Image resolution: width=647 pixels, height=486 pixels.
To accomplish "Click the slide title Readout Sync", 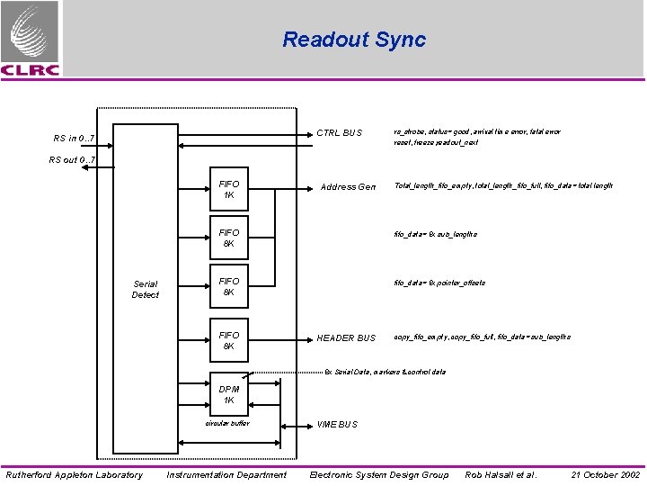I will [354, 40].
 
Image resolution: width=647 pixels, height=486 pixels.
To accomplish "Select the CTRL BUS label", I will [339, 133].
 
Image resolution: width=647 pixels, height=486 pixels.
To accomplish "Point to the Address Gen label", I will [349, 187].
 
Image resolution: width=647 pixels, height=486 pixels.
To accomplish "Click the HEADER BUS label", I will [346, 338].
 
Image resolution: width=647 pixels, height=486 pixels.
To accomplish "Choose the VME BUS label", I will [337, 424].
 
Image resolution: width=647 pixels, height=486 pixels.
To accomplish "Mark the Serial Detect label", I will [145, 290].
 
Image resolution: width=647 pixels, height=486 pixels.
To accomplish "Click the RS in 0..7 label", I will [74, 139].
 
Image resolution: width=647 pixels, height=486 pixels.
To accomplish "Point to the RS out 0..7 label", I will [72, 160].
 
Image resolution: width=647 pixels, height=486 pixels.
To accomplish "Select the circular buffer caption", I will [227, 422].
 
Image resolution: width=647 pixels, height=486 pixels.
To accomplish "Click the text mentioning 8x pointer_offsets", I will [439, 283].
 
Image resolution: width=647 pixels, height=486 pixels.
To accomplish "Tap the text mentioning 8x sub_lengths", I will [436, 234].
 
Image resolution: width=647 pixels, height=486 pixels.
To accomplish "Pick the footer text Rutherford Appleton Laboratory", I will [74, 474].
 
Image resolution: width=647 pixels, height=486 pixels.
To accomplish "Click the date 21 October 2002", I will [605, 474].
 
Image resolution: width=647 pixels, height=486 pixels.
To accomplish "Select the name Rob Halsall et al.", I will [501, 474].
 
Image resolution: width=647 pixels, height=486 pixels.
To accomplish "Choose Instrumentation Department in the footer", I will [226, 474].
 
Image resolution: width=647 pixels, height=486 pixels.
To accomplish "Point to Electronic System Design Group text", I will [378, 474].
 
